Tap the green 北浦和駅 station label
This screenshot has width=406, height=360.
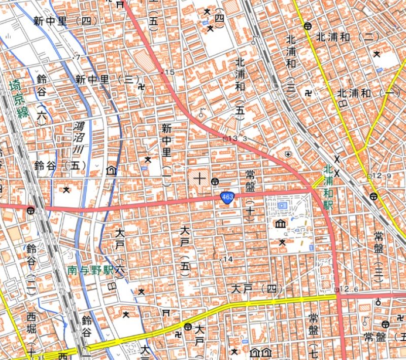328,188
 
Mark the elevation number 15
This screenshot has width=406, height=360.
170,73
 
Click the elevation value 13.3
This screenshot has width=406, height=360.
237,138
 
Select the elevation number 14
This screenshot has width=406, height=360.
227,259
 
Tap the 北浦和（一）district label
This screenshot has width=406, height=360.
368,93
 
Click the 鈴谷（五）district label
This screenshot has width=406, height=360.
59,165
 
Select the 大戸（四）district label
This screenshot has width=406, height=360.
257,290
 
